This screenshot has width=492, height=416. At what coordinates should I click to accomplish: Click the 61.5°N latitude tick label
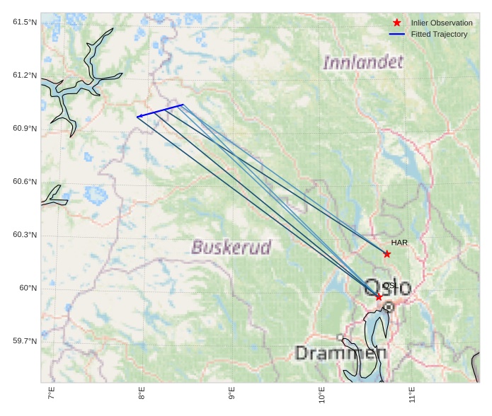pos(25,23)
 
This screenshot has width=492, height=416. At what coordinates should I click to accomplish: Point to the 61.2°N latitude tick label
pos(25,76)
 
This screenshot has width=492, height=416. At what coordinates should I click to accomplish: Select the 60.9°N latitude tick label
pos(25,129)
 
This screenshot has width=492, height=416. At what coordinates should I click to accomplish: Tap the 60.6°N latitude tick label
pos(25,182)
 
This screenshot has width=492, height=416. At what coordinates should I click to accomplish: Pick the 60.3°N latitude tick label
pos(25,235)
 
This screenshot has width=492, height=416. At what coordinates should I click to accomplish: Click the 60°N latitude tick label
pos(28,288)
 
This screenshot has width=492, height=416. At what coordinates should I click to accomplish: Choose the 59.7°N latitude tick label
pos(25,341)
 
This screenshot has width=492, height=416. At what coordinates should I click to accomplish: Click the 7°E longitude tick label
pos(51,393)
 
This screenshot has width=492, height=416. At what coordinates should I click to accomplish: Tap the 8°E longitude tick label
pos(142,393)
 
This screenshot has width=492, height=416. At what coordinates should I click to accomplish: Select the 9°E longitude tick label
pos(231,393)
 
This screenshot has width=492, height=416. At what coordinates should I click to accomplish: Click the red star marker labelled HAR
pos(387,254)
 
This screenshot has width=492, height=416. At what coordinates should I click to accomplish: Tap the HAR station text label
pos(399,243)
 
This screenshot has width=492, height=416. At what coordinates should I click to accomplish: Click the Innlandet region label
pos(363,63)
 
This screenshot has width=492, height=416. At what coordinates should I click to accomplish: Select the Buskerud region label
pos(231,248)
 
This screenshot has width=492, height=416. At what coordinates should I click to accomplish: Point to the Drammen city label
pos(341,353)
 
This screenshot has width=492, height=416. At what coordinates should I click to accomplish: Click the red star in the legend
pos(397,23)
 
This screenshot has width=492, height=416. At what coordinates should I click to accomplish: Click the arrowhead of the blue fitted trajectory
pos(139,116)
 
